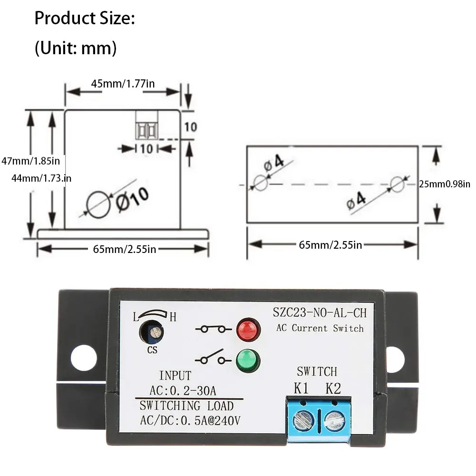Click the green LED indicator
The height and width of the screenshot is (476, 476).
248,361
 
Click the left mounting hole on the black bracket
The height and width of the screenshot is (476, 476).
84,358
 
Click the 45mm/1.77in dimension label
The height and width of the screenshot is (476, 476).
123,84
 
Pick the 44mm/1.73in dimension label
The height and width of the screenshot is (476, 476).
41,178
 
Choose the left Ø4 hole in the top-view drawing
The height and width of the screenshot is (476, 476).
261,183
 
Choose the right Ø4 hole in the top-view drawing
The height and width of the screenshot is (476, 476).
398,184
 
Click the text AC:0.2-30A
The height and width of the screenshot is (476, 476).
183,391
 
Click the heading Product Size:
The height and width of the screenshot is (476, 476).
85,19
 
